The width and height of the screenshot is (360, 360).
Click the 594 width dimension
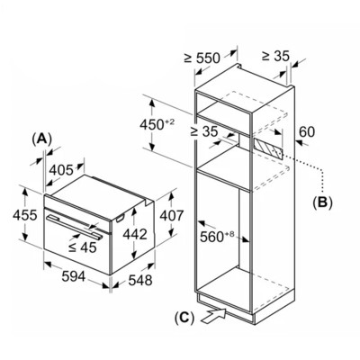tap(74, 276)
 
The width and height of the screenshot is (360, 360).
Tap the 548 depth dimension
tap(140, 280)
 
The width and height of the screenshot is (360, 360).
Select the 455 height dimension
tap(25, 215)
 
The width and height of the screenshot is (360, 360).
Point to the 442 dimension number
tap(135, 234)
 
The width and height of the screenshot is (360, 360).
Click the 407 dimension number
tap(171, 215)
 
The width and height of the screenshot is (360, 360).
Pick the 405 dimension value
tap(61, 170)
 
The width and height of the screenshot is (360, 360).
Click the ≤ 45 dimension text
tap(83, 247)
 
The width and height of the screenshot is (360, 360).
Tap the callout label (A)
tap(42, 139)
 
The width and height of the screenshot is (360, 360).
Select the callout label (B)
tap(322, 202)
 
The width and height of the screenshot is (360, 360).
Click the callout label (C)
tap(184, 318)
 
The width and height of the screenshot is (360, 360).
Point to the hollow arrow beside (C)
tap(213, 316)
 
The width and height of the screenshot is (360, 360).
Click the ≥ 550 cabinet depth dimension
tap(202, 58)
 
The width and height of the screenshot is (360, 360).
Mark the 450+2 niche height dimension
tap(157, 124)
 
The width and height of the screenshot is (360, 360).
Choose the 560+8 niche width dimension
tap(217, 237)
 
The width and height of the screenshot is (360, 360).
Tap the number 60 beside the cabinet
tap(307, 131)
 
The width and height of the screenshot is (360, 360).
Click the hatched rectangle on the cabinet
tap(268, 149)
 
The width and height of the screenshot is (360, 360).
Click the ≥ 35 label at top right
tap(275, 56)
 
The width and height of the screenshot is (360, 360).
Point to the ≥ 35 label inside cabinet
tap(204, 131)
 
